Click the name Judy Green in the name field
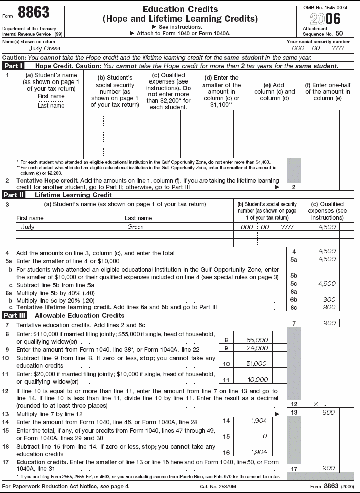tap(31, 49)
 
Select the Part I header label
tap(13, 66)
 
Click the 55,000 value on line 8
tap(258, 340)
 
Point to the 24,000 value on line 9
tap(258, 348)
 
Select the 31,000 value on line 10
tap(258, 364)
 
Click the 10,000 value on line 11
tap(258, 380)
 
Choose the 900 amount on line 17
tap(328, 468)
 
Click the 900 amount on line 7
tap(328, 324)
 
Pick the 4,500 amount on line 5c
tap(327, 284)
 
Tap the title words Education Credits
tap(180, 10)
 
